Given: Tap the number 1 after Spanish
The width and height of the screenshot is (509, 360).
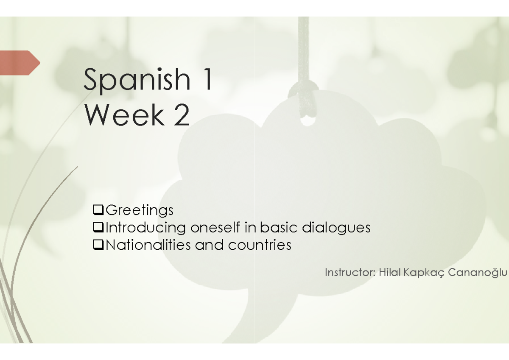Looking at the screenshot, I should point(207,79).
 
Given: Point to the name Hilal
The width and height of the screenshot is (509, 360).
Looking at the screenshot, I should point(390,272).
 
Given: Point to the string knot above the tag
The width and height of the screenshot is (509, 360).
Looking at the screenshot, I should point(304,91).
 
